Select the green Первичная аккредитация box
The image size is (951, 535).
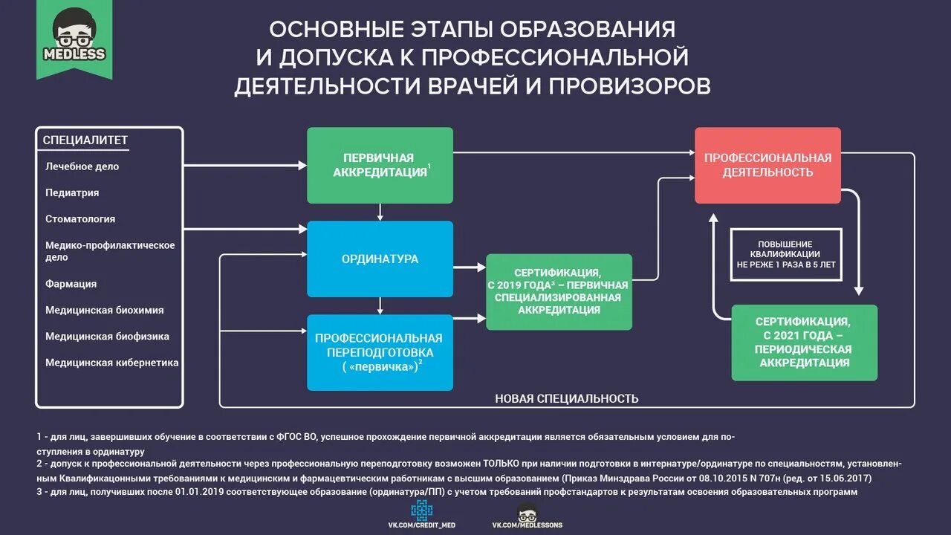point(380,165)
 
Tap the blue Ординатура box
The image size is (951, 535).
point(380,259)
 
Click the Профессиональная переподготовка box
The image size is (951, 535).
point(380,352)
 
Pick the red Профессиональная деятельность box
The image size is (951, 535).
point(767,165)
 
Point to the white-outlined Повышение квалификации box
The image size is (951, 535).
point(785,254)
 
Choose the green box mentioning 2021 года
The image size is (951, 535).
point(804,343)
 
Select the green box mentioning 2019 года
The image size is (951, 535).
point(559,291)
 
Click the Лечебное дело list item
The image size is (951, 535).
point(82,166)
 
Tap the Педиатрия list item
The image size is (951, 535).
point(72,192)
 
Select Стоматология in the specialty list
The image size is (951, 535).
point(80,219)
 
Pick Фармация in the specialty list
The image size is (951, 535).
point(71,284)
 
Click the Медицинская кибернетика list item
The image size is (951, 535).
point(112,363)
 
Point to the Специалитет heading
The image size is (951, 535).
point(85,140)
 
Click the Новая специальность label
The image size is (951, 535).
point(566,399)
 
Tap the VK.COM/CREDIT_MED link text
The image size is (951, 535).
point(422,525)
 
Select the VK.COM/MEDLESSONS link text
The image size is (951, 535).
point(527,525)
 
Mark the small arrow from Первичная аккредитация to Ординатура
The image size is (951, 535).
point(380,212)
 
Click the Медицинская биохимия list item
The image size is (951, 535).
point(105,310)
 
